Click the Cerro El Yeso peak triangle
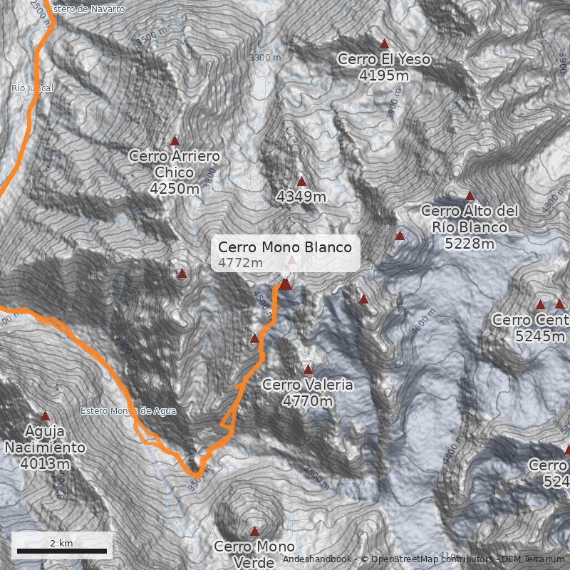pyautogui.click(x=385, y=44)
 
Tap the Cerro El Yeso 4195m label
pyautogui.click(x=384, y=67)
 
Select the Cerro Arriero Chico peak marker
pyautogui.click(x=175, y=141)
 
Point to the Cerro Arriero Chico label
pyautogui.click(x=175, y=172)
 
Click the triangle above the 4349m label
pyautogui.click(x=301, y=182)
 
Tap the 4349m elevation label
pyautogui.click(x=301, y=196)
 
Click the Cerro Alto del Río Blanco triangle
pyautogui.click(x=470, y=196)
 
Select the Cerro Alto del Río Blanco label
pyautogui.click(x=469, y=227)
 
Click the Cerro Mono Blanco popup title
pyautogui.click(x=285, y=247)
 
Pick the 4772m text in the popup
pyautogui.click(x=241, y=263)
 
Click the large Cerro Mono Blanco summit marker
pyautogui.click(x=285, y=284)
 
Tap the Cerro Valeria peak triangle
pyautogui.click(x=309, y=370)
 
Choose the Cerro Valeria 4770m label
pyautogui.click(x=308, y=393)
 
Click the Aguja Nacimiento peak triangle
pyautogui.click(x=46, y=415)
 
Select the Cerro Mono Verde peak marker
pyautogui.click(x=254, y=531)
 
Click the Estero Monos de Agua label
pyautogui.click(x=128, y=411)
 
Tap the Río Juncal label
pyautogui.click(x=32, y=88)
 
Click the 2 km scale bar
pyautogui.click(x=62, y=550)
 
